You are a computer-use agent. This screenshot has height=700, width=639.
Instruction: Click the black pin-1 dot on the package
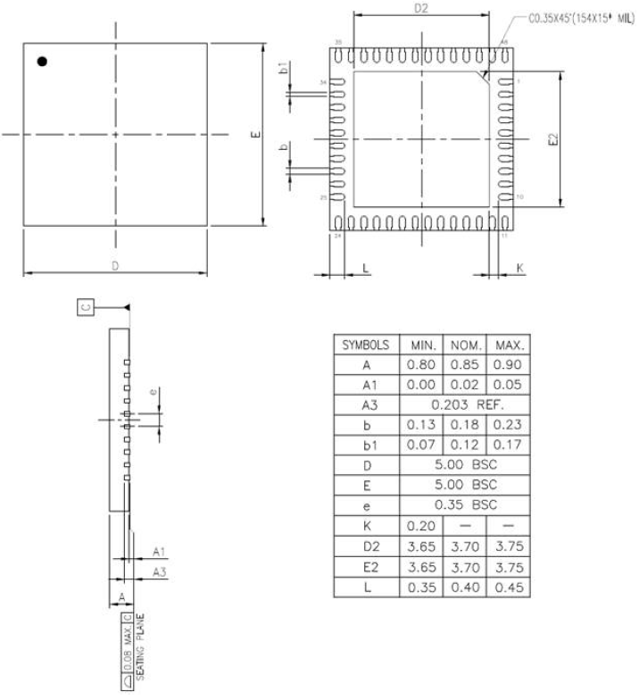pyautogui.click(x=42, y=62)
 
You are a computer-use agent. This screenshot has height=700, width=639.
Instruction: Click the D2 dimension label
pyautogui.click(x=421, y=9)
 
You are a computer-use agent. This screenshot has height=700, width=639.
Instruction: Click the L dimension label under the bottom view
pyautogui.click(x=365, y=268)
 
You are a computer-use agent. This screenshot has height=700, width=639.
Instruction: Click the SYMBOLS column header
pyautogui.click(x=366, y=345)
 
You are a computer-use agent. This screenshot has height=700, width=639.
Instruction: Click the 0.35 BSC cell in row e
pyautogui.click(x=463, y=504)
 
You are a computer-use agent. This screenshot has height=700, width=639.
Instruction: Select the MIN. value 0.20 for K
pyautogui.click(x=420, y=525)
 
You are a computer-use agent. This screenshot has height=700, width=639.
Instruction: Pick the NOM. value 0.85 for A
pyautogui.click(x=463, y=364)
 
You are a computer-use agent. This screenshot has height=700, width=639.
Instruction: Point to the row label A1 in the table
pyautogui.click(x=366, y=384)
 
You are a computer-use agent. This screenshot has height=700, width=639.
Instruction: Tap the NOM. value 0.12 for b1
pyautogui.click(x=463, y=444)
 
